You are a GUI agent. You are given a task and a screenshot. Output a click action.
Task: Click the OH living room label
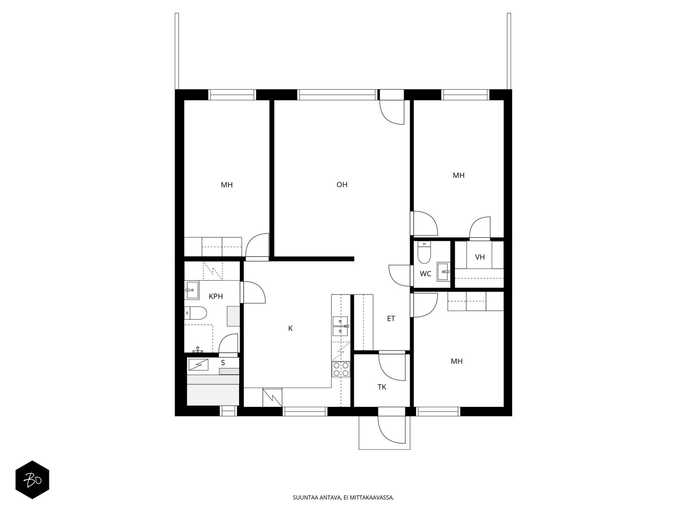pos(342,185)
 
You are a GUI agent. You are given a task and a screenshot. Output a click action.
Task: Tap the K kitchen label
pos(290,328)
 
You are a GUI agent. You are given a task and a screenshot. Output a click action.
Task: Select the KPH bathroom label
pos(216,296)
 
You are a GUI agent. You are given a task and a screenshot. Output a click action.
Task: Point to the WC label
pos(426,274)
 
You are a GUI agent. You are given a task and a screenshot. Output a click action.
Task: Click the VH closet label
pos(480,257)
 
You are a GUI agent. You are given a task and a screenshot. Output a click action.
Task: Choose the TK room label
pos(382,387)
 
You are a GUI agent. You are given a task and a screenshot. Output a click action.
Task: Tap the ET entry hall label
pos(391,318)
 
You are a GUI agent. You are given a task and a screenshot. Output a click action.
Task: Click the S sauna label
pos(223,363)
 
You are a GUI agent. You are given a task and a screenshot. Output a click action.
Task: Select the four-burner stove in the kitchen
pos(341,369)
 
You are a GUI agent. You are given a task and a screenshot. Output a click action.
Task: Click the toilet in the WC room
pos(424,253)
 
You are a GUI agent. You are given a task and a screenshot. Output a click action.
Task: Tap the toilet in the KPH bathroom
pos(196,313)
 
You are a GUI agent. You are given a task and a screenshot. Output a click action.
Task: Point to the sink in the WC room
pos(443,271)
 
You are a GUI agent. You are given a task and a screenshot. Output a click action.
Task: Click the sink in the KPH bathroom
pos(192,290)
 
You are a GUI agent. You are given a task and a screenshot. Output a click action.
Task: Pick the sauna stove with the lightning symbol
pos(198,365)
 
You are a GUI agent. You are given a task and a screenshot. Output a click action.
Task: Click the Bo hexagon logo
pos(32,480)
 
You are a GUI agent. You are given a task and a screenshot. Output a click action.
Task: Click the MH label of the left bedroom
pos(227,185)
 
